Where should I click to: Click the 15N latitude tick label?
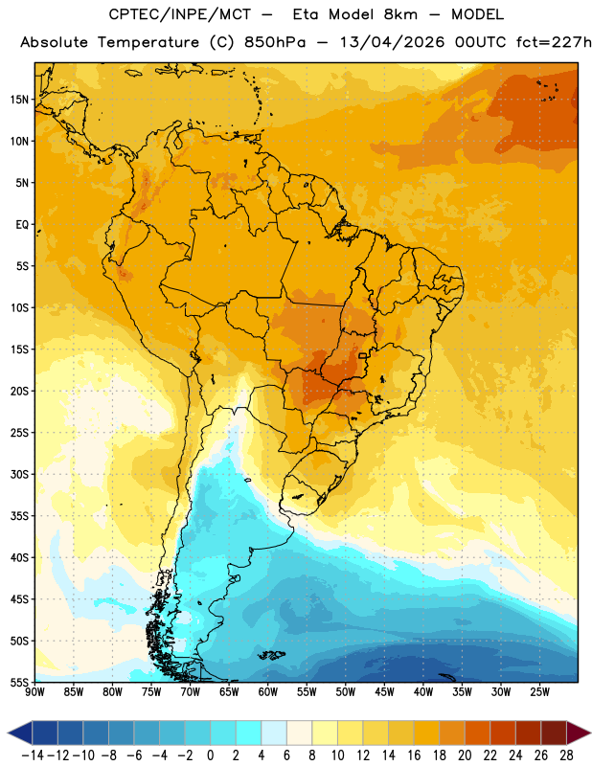coord(19,100)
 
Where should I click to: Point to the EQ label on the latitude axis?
coord(22,225)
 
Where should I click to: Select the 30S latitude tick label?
coord(19,474)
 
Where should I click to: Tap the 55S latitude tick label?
coord(19,682)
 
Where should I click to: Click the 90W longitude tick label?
coord(34,692)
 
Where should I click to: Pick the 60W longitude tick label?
coord(268,692)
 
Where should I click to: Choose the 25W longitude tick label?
coord(539,692)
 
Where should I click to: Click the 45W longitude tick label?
coord(384,692)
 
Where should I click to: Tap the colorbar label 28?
coord(566,755)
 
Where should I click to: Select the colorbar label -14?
coord(33,755)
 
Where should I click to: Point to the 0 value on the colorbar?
coord(211,755)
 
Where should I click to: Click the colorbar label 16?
coord(414,755)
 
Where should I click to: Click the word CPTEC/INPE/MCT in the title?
coord(179,14)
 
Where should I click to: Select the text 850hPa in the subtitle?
coord(275,42)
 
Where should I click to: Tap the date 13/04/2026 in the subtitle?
coord(392,42)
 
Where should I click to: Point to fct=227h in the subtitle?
coord(554,42)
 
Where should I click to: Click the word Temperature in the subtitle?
coord(148,42)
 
